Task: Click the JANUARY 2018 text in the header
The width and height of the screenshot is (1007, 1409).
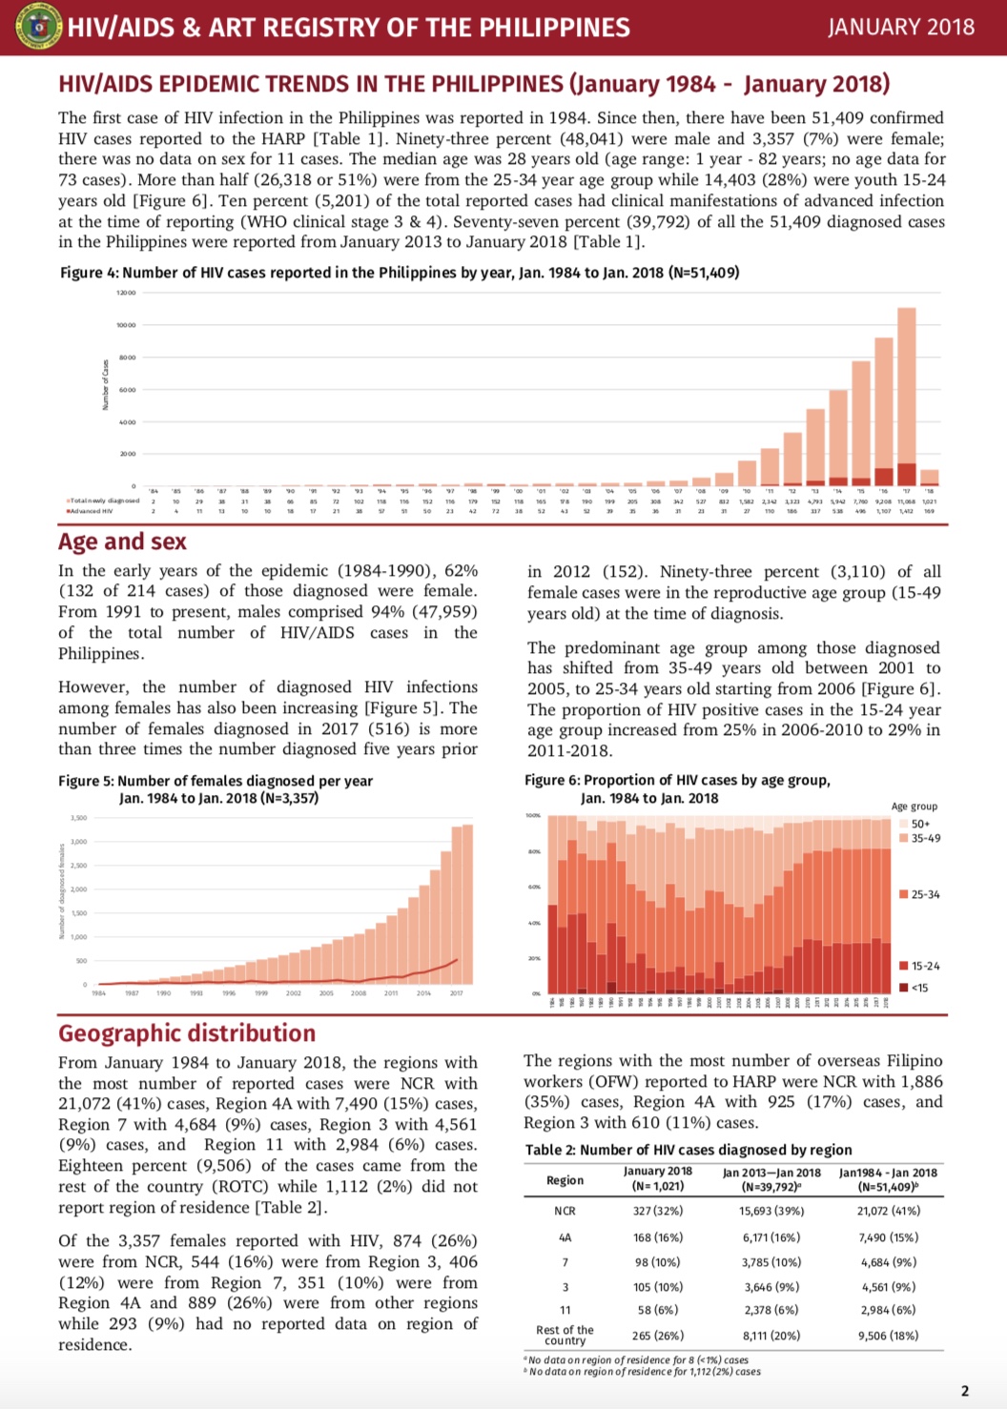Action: point(901,27)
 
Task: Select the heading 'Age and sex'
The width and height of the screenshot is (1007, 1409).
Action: point(122,541)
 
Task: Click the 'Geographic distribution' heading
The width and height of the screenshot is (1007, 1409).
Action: point(187,1033)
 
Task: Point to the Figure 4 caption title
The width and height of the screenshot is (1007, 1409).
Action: point(399,273)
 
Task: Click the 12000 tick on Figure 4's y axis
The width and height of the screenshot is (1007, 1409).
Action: point(126,293)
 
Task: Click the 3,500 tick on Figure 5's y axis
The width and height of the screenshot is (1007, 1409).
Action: point(78,818)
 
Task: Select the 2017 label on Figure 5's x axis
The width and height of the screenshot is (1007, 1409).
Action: point(456,993)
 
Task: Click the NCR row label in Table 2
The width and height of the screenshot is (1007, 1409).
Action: point(565,1211)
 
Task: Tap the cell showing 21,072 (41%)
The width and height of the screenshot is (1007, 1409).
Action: point(889,1211)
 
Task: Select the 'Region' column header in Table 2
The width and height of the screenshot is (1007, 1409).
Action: point(565,1180)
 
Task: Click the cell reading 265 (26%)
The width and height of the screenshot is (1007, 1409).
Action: point(658,1336)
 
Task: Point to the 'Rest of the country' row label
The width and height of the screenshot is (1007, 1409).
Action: point(565,1335)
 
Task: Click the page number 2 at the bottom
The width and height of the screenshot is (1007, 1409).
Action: point(964,1391)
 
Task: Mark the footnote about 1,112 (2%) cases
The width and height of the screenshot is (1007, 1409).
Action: point(644,1372)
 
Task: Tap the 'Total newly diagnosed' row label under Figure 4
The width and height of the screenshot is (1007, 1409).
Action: point(104,500)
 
